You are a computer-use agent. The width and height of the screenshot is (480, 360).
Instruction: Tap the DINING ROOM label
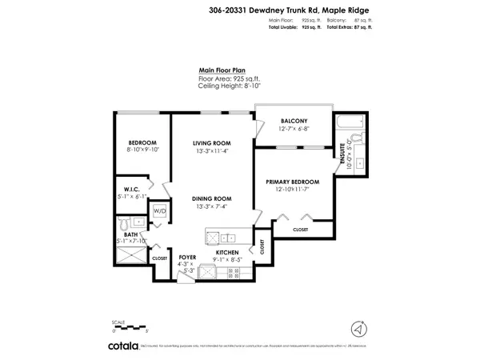tap(212, 198)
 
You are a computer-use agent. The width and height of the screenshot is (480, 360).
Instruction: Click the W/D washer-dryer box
tap(159, 211)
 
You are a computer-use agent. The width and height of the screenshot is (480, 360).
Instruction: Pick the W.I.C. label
tap(132, 189)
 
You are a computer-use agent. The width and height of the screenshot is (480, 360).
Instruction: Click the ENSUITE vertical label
tap(342, 154)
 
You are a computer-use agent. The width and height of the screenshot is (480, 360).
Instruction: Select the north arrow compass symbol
tap(359, 328)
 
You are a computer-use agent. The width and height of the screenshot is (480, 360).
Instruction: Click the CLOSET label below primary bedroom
tap(300, 230)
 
